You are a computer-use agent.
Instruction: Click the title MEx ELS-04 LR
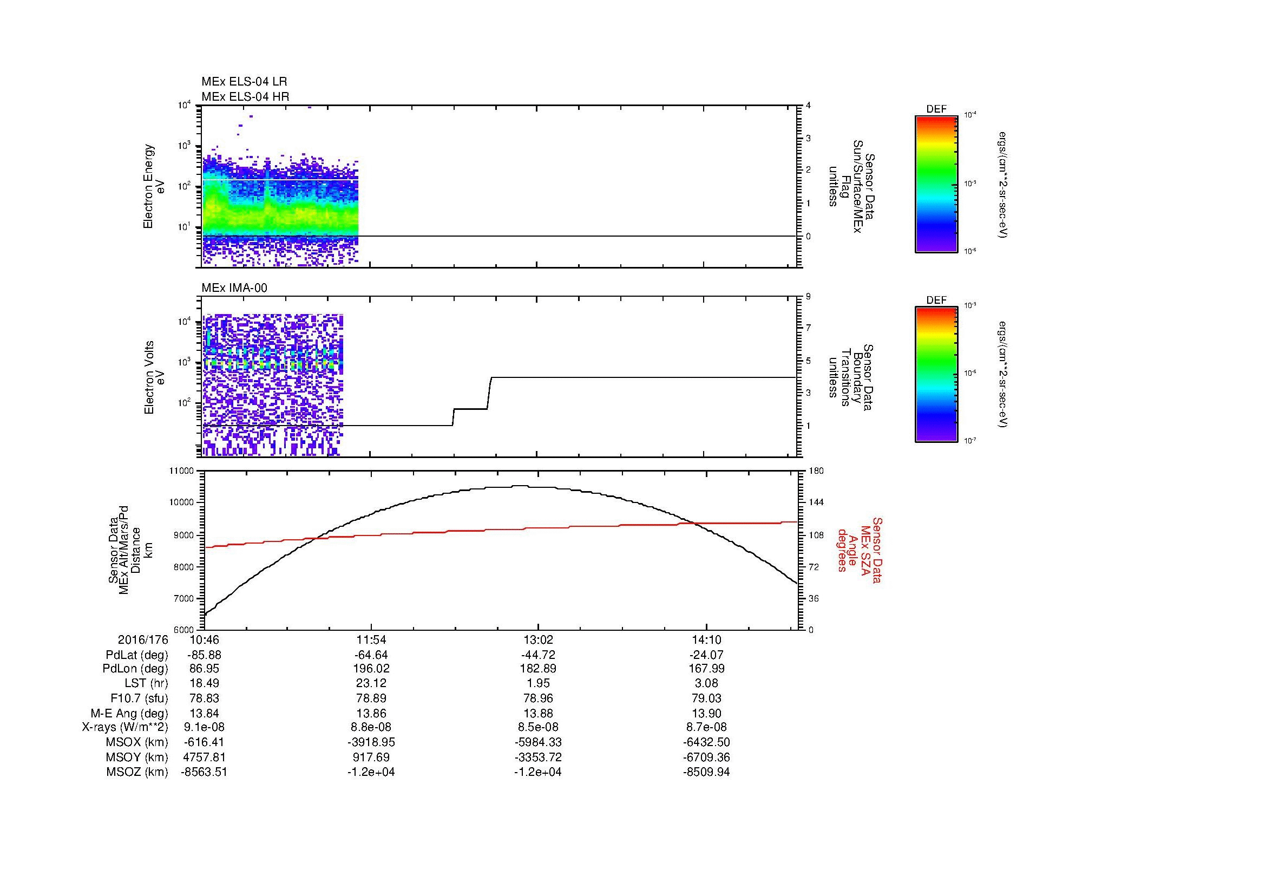[244, 82]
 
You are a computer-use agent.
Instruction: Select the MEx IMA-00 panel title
[234, 288]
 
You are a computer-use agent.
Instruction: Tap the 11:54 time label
[371, 640]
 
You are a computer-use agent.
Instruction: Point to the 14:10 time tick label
[706, 640]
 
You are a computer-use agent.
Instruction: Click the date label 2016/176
[143, 640]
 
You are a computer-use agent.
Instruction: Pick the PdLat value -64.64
[371, 655]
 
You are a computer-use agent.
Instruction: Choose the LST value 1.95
[537, 684]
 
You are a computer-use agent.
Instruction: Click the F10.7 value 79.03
[706, 698]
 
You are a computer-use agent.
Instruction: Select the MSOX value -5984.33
[537, 743]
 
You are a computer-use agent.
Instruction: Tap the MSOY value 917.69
[371, 757]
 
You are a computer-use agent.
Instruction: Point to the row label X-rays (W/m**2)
[125, 728]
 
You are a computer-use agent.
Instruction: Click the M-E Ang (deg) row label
[129, 714]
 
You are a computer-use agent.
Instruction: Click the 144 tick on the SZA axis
[816, 502]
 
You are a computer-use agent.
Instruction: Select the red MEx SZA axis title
[859, 550]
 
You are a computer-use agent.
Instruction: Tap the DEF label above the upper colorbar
[936, 109]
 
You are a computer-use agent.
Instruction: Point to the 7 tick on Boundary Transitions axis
[809, 328]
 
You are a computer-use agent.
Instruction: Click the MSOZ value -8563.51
[204, 772]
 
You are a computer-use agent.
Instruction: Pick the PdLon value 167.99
[706, 669]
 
